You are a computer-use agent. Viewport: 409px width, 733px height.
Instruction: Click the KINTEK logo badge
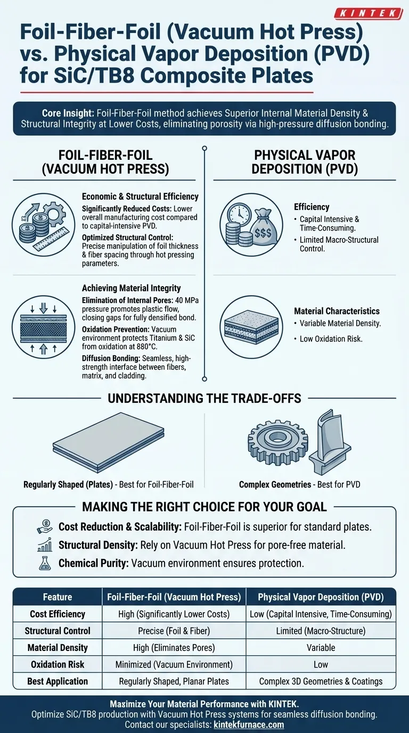coord(369,13)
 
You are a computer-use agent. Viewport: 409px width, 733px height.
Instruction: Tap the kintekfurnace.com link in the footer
coord(249,724)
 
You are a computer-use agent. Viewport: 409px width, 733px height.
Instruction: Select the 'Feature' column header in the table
coord(58,597)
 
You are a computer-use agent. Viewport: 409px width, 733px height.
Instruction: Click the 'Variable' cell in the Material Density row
coord(321,648)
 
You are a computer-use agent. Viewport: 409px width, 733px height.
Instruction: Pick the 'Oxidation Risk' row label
coord(58,664)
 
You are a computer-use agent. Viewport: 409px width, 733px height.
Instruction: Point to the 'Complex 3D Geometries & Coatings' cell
coord(321,681)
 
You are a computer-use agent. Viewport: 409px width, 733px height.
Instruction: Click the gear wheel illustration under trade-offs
coord(277,441)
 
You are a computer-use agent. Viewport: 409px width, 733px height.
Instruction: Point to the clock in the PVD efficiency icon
coord(239,214)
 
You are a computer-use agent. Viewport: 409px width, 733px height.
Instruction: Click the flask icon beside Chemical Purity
coord(45,563)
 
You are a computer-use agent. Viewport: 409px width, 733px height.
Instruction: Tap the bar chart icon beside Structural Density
coord(45,545)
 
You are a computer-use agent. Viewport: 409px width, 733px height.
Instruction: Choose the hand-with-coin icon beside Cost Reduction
coord(45,526)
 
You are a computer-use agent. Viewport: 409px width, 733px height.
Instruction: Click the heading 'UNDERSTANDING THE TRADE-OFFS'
coord(204,398)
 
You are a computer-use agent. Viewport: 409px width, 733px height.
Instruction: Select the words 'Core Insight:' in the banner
coord(68,113)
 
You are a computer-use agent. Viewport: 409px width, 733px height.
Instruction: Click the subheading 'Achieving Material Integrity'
coord(131,288)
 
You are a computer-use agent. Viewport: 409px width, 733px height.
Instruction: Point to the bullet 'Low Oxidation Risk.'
coord(331,339)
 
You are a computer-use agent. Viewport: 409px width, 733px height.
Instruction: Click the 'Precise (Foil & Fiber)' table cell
coord(174,631)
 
